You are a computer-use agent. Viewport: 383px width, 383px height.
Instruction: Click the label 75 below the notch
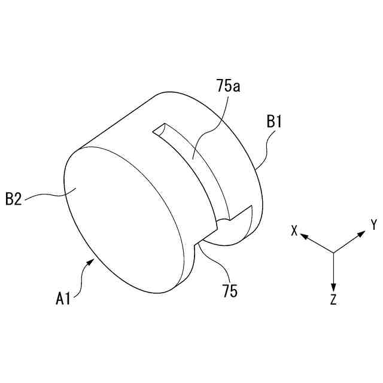(x=229, y=291)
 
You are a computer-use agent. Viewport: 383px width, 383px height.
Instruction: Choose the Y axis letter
(x=373, y=225)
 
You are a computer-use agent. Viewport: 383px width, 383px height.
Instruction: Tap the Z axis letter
(x=333, y=300)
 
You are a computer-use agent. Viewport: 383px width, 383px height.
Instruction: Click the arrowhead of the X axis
(x=303, y=237)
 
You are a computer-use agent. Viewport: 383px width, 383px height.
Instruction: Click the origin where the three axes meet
(x=333, y=252)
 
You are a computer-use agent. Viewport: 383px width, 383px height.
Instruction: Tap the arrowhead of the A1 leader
(x=93, y=260)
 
